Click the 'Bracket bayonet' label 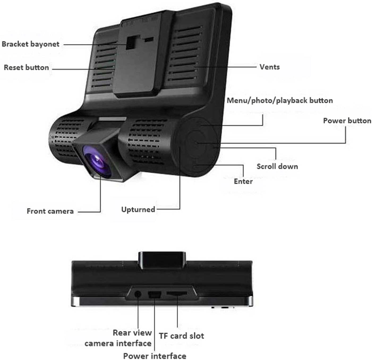tap(31, 44)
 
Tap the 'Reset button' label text tap(26, 67)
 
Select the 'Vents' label tap(270, 67)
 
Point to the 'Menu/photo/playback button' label tap(280, 101)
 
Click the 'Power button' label tap(347, 121)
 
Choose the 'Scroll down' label tap(277, 166)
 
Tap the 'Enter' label tap(243, 181)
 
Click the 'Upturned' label tap(138, 210)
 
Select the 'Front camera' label tap(50, 211)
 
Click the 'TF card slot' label tap(182, 336)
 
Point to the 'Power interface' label tap(155, 356)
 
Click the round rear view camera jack tap(138, 294)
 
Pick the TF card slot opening tap(177, 294)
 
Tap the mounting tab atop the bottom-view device tap(162, 260)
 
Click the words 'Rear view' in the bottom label tap(132, 333)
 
